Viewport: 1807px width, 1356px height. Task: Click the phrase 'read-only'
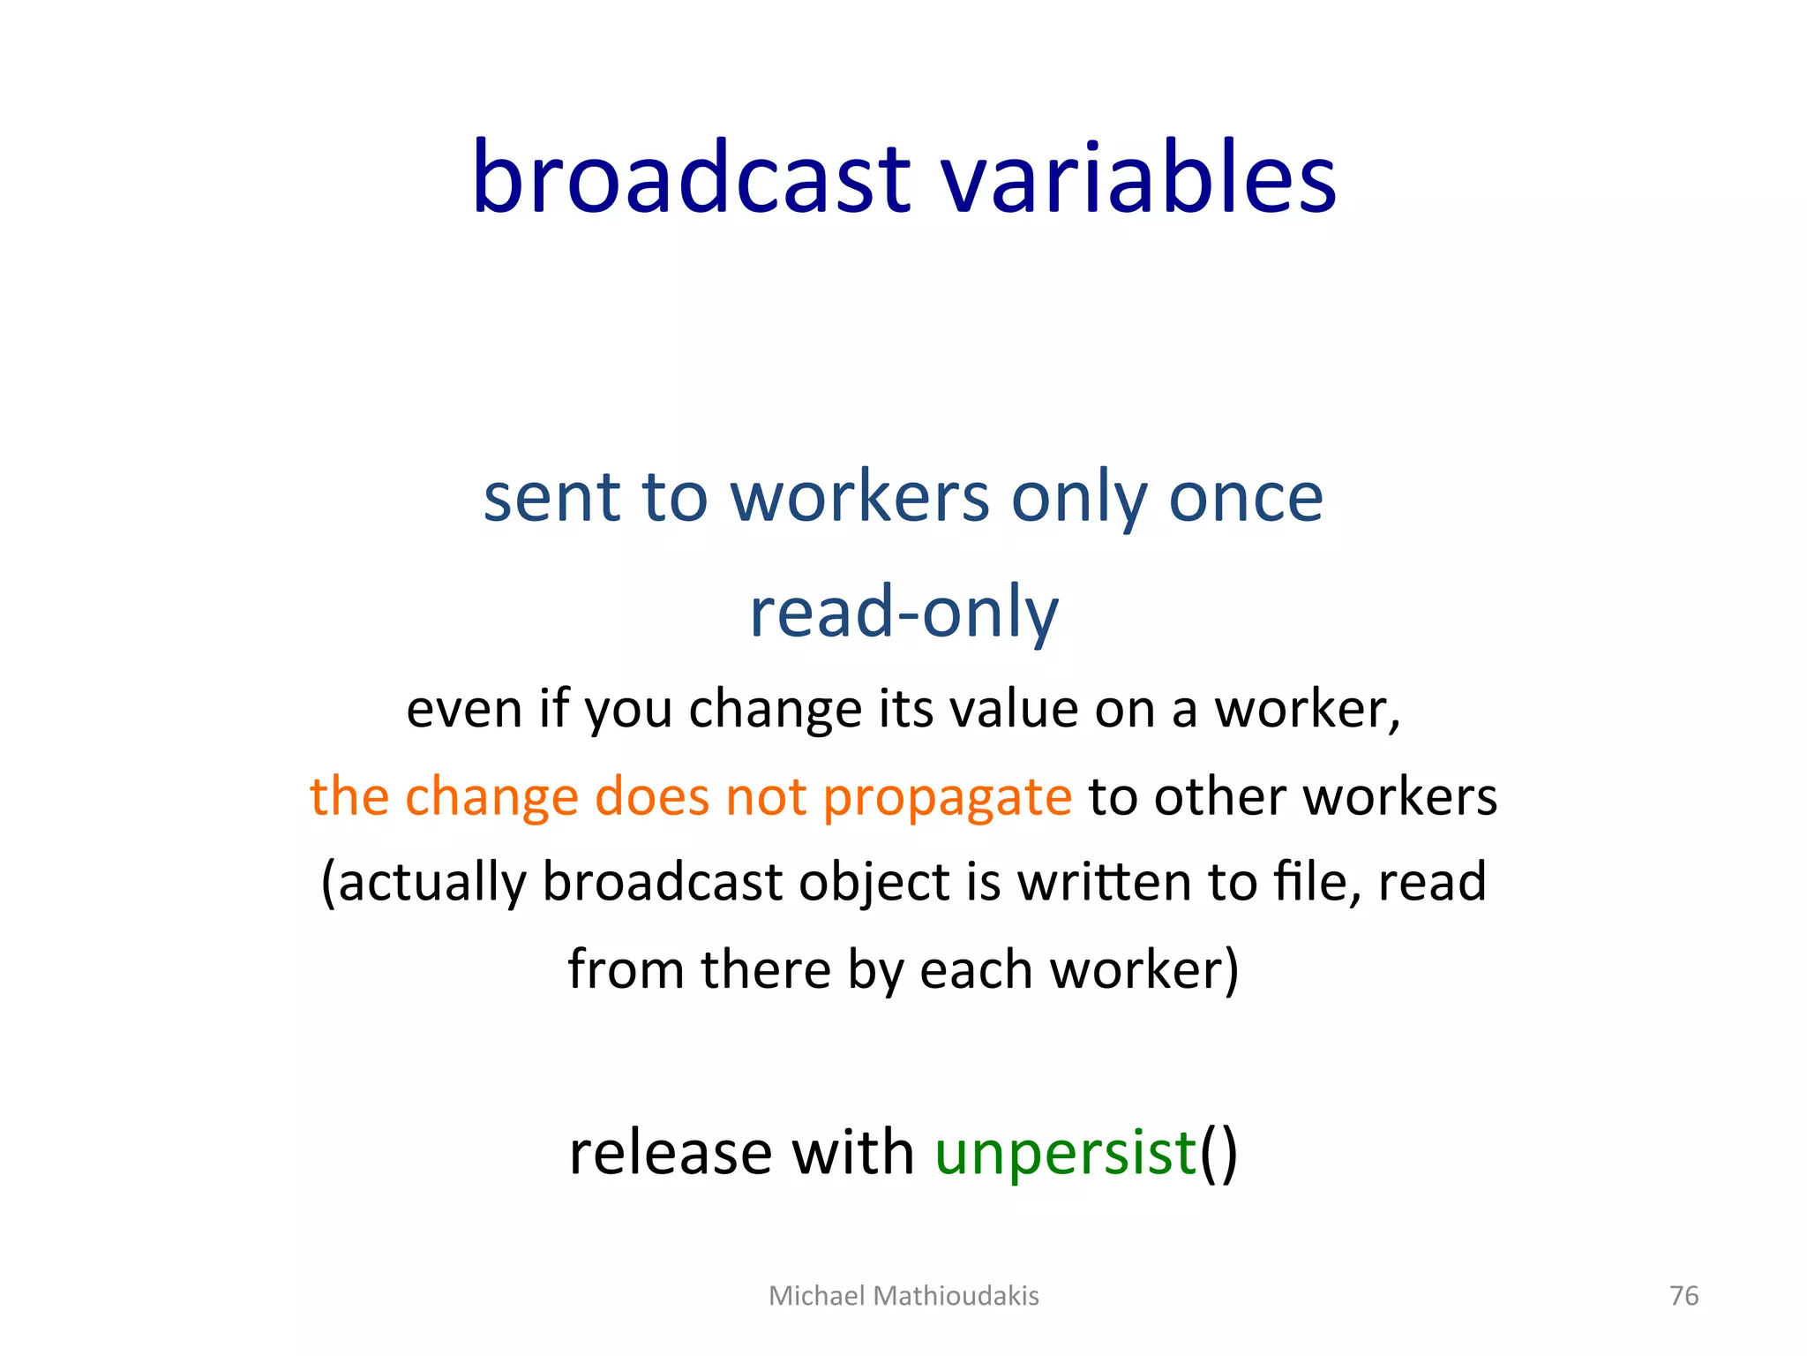(903, 612)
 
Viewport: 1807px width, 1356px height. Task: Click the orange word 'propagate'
(947, 797)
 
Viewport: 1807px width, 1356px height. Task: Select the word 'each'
(976, 969)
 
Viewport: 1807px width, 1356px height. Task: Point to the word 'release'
(671, 1153)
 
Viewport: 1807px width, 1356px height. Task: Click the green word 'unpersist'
(1065, 1153)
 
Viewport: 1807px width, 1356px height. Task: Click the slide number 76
(1683, 1295)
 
